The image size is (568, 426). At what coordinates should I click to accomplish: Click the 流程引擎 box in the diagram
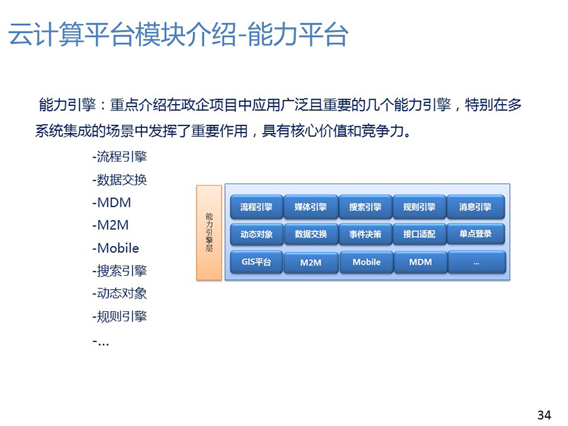pyautogui.click(x=256, y=207)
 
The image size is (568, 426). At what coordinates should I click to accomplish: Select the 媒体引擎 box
pyautogui.click(x=311, y=207)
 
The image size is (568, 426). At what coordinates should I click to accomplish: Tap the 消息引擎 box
pyautogui.click(x=476, y=207)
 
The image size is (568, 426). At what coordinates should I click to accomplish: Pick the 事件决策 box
pyautogui.click(x=365, y=234)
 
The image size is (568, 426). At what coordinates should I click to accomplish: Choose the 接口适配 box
pyautogui.click(x=420, y=234)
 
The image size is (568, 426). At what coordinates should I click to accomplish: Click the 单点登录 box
pyautogui.click(x=476, y=234)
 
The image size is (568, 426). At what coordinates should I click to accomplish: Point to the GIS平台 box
pyautogui.click(x=256, y=262)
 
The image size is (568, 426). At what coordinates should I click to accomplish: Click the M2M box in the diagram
pyautogui.click(x=311, y=263)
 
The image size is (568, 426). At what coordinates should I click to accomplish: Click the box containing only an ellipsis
pyautogui.click(x=476, y=263)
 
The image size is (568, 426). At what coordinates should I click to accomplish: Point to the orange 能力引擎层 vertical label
pyautogui.click(x=209, y=232)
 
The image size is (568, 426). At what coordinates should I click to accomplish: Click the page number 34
pyautogui.click(x=544, y=415)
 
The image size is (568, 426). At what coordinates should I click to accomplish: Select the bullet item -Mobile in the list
pyautogui.click(x=115, y=248)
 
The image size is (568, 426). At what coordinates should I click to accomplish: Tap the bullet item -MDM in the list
pyautogui.click(x=112, y=203)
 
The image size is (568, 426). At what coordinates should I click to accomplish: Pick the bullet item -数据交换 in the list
pyautogui.click(x=119, y=180)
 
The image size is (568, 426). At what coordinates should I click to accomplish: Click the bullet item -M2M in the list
pyautogui.click(x=110, y=225)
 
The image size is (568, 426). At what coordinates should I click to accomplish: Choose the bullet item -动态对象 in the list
pyautogui.click(x=119, y=293)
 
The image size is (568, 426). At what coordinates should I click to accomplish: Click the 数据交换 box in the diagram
pyautogui.click(x=311, y=234)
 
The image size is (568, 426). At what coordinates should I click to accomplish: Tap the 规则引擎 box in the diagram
pyautogui.click(x=420, y=207)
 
